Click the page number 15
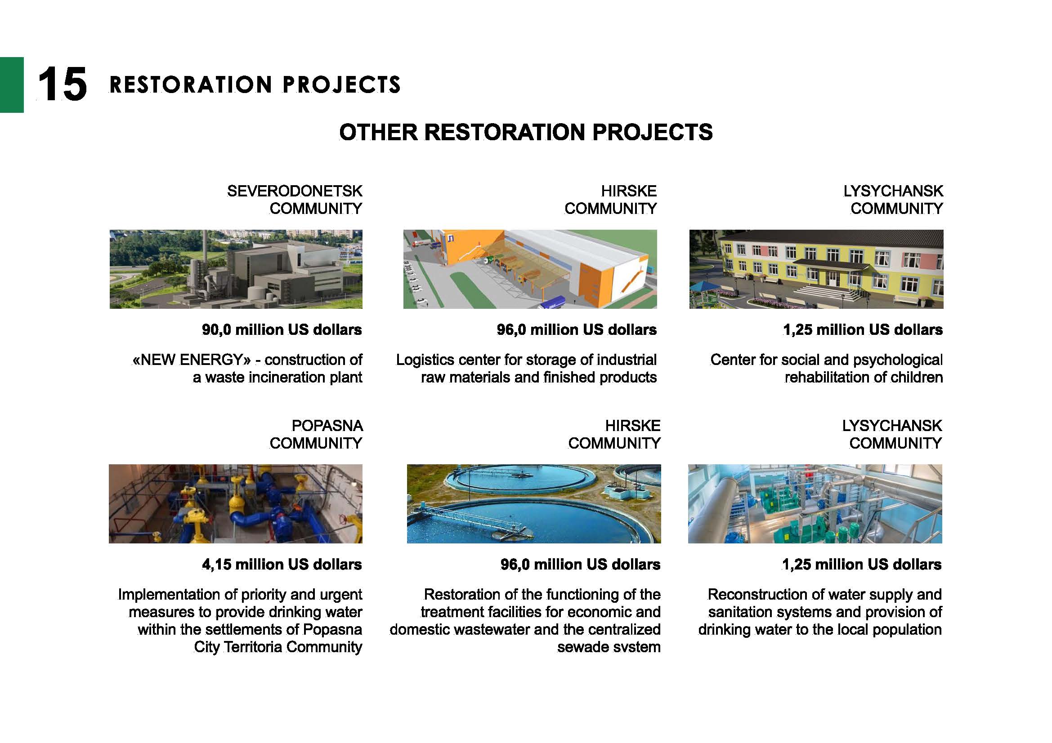(x=63, y=84)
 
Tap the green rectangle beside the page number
(x=12, y=85)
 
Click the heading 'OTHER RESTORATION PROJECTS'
(x=525, y=132)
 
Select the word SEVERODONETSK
(x=295, y=191)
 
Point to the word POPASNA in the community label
(x=327, y=426)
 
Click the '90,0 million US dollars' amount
(x=282, y=329)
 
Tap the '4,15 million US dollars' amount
(x=282, y=565)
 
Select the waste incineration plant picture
(x=236, y=269)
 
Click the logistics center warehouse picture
(x=530, y=269)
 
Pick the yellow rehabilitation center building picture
(x=816, y=269)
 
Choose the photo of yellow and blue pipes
(x=236, y=504)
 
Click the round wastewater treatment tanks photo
(x=534, y=504)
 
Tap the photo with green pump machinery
(x=815, y=504)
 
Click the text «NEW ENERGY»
(x=192, y=360)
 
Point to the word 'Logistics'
(x=425, y=360)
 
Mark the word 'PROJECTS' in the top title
(x=341, y=85)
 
